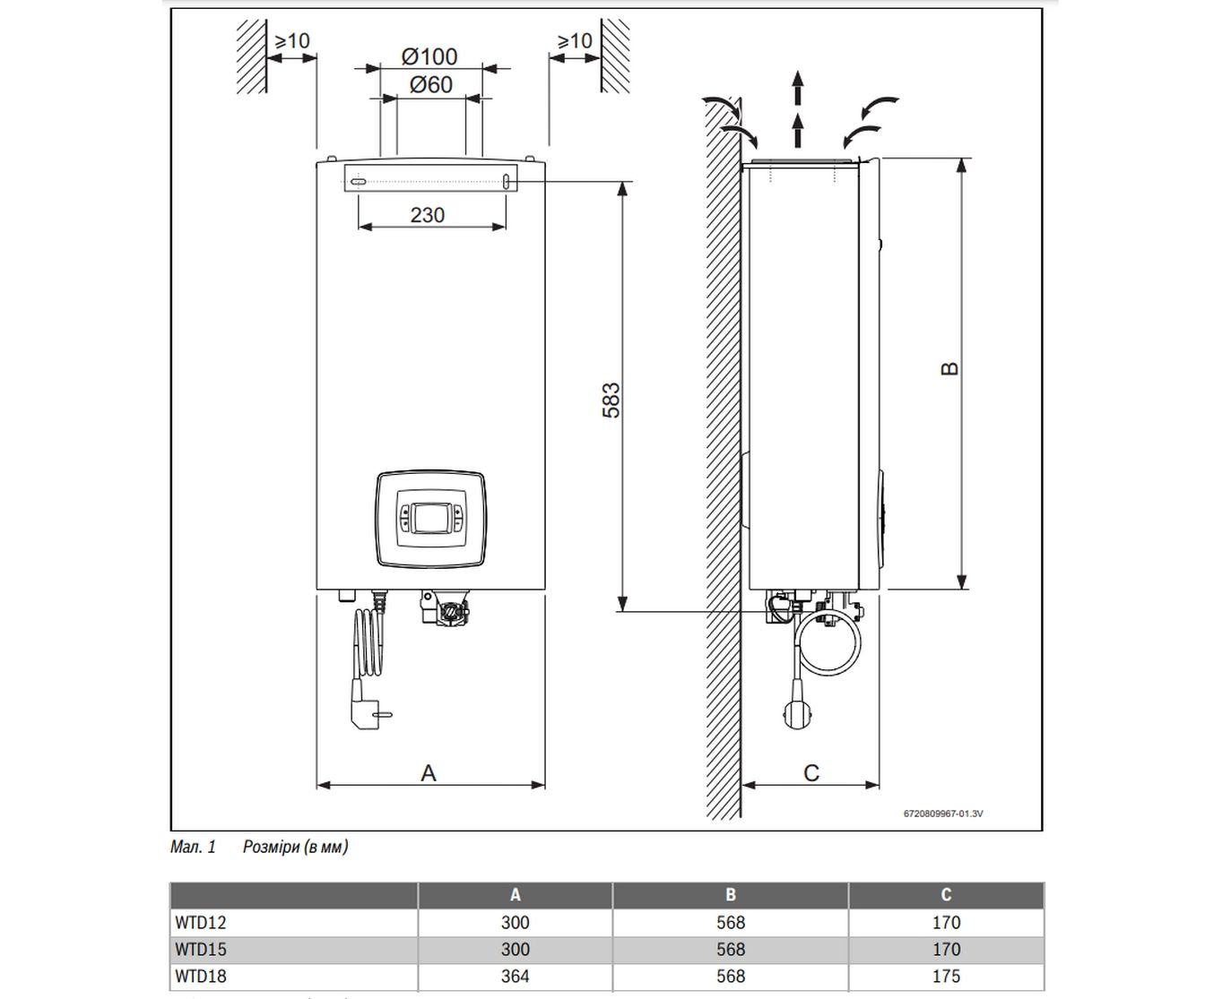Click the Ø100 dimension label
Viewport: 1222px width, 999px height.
tap(430, 56)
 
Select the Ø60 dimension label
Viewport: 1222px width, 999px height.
tap(431, 85)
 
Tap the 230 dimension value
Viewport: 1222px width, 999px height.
tap(428, 215)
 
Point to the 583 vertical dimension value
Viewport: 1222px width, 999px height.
tap(611, 400)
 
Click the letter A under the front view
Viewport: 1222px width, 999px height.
tap(429, 772)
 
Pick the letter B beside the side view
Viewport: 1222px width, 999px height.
tap(949, 368)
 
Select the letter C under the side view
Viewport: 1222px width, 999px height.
tap(811, 772)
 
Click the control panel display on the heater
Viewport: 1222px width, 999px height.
tap(430, 518)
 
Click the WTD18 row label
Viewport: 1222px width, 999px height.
tap(201, 977)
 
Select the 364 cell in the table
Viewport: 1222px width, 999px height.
tap(516, 977)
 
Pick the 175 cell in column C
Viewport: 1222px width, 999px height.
tap(946, 977)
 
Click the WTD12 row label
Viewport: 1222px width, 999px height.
tap(201, 922)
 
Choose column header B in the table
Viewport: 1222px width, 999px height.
tap(731, 894)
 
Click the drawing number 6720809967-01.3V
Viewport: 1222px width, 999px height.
tap(943, 814)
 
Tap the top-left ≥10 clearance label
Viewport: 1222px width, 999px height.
tap(291, 41)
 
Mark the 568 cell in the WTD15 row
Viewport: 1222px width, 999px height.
tap(731, 950)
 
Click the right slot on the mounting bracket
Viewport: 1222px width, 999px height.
tap(507, 181)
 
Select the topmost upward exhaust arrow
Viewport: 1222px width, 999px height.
tap(797, 86)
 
